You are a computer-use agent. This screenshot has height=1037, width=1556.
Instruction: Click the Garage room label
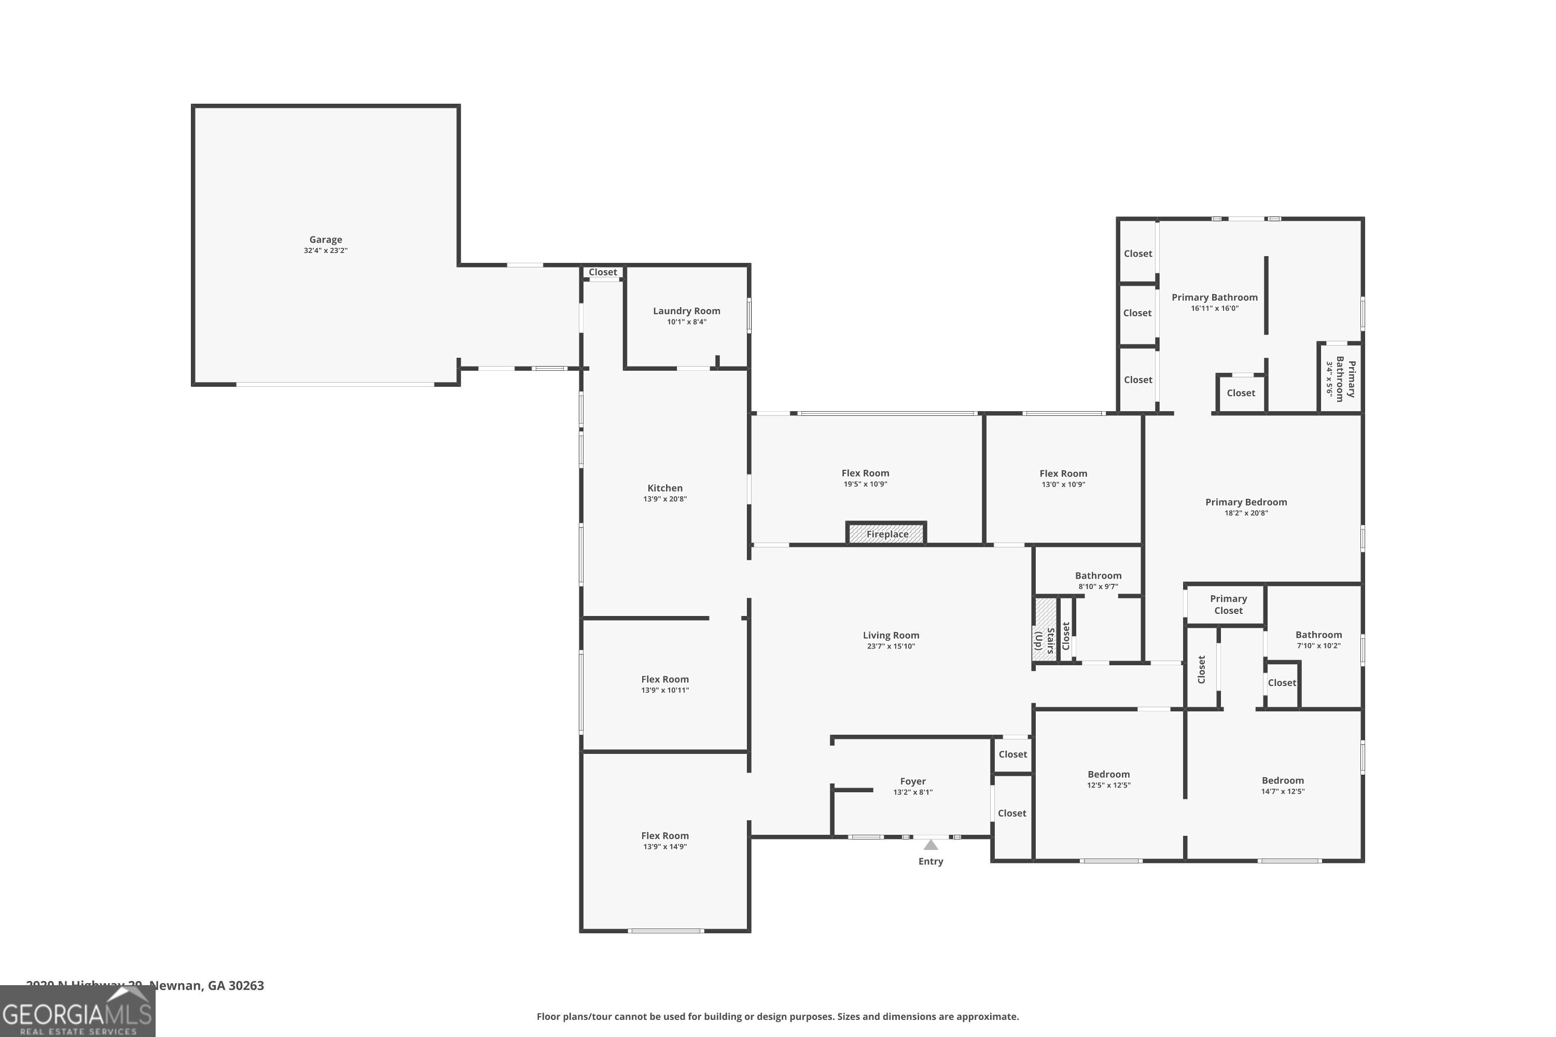326,240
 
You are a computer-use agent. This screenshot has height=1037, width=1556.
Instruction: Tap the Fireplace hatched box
886,534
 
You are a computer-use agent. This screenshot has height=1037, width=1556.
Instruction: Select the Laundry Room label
686,311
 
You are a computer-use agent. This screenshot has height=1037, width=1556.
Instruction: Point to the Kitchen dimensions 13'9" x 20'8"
665,499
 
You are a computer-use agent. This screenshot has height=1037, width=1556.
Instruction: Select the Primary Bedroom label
1246,502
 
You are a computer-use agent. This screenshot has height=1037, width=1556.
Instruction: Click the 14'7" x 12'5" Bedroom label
1282,781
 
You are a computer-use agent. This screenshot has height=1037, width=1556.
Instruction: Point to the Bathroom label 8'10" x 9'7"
1097,576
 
